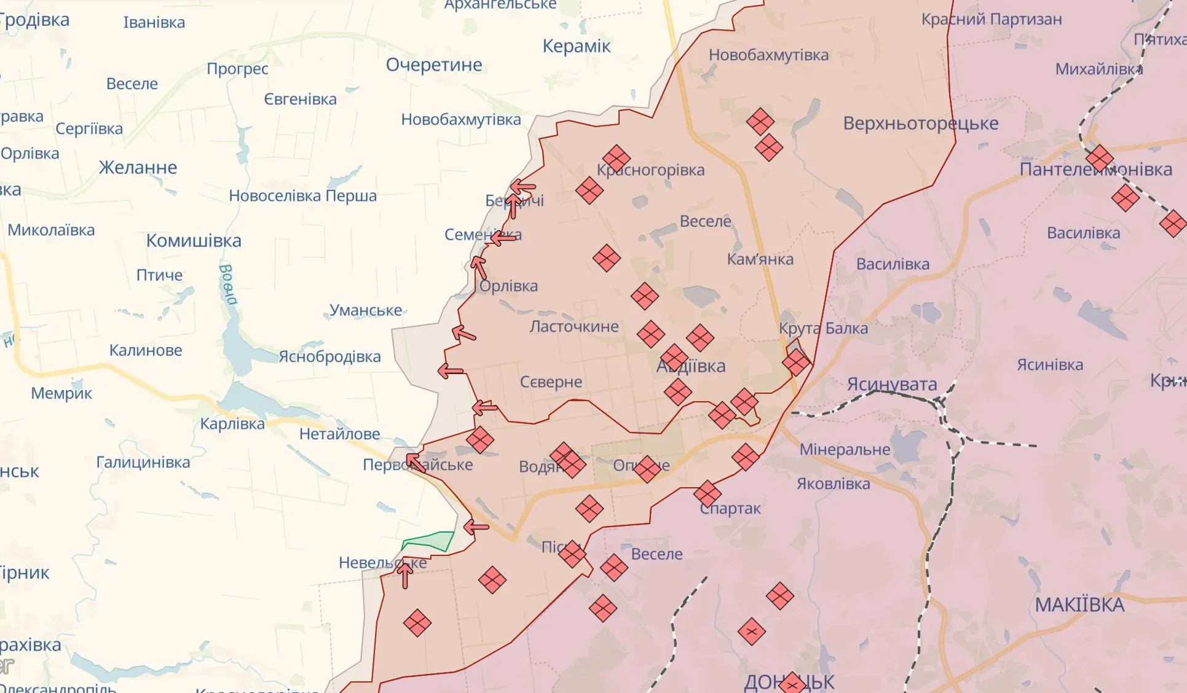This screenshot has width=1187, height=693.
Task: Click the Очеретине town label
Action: [434, 65]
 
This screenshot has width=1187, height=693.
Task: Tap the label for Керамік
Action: [576, 46]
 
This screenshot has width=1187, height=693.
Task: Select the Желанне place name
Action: [138, 167]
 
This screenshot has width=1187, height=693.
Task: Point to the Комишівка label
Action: [194, 240]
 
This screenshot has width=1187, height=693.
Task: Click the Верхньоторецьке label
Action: [920, 123]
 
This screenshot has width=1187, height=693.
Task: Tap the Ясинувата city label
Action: [891, 384]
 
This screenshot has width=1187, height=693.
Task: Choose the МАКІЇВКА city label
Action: [1079, 605]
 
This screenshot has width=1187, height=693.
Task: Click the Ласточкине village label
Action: [574, 326]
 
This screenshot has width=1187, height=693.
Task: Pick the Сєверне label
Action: [551, 382]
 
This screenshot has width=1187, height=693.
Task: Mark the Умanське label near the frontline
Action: [366, 310]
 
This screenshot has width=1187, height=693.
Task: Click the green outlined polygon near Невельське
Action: [429, 541]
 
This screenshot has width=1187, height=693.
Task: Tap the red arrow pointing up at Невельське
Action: [404, 576]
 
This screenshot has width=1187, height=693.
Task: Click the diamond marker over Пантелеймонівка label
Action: [1099, 159]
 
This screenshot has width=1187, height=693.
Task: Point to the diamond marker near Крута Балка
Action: [796, 362]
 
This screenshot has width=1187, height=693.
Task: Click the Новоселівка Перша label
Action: [302, 195]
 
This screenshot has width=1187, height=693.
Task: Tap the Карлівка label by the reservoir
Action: [232, 423]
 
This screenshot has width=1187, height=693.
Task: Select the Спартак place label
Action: [730, 508]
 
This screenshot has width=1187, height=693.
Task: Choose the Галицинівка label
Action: [143, 462]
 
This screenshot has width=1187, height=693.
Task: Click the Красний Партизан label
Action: [991, 19]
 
